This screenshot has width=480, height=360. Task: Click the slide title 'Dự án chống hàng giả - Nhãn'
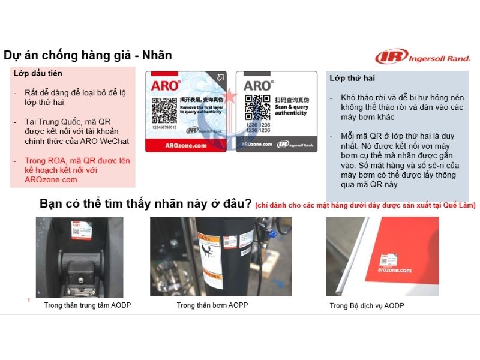88,56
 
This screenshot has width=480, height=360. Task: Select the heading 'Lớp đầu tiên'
38,74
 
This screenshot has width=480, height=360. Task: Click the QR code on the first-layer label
164,110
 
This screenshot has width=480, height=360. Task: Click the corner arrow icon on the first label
221,77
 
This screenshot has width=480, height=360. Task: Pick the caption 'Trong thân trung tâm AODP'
88,305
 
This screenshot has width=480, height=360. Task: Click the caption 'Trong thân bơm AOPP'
212,305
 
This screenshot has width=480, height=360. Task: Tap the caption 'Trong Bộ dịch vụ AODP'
367,306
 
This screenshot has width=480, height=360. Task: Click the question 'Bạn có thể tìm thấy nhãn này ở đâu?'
145,203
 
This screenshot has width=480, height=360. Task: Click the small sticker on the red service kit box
386,258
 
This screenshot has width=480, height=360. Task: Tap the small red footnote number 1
29,300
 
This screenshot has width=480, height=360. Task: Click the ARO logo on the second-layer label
257,86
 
